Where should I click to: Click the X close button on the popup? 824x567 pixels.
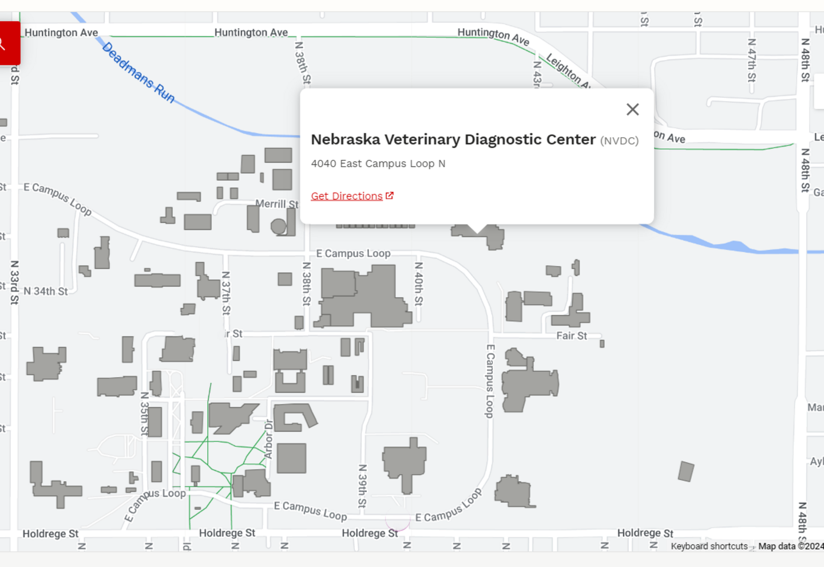click(x=632, y=109)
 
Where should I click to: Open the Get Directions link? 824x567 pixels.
click(x=347, y=196)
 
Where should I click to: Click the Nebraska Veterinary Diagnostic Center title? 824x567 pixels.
click(x=453, y=140)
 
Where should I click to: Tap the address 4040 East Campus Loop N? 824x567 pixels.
click(x=378, y=164)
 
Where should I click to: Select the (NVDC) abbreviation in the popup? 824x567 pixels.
click(x=619, y=141)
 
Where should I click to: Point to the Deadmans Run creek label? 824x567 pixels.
click(x=138, y=73)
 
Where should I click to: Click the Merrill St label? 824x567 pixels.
click(x=277, y=204)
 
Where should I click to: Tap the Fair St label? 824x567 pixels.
click(x=572, y=336)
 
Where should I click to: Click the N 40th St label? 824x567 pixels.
click(x=419, y=284)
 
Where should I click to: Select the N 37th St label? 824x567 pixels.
click(x=226, y=293)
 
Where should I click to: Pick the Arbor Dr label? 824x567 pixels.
click(x=269, y=439)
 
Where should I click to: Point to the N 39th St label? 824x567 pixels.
click(x=362, y=486)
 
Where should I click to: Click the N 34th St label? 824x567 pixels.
click(x=46, y=291)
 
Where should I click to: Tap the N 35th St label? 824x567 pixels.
click(x=145, y=414)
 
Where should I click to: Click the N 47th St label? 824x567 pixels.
click(x=752, y=60)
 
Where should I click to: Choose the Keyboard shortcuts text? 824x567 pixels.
click(x=709, y=546)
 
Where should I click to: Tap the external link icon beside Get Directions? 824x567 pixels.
click(x=390, y=196)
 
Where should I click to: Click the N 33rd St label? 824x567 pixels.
click(x=15, y=282)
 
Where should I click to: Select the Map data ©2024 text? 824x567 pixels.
click(x=790, y=546)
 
